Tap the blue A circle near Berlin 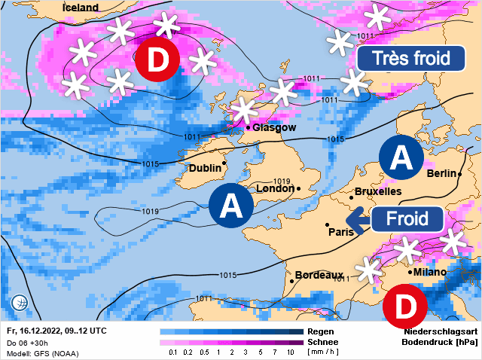click(x=401, y=157)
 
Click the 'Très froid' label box click(x=409, y=58)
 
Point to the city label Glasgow click(x=274, y=127)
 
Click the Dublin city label click(x=204, y=167)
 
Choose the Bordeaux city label click(x=319, y=275)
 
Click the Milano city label click(x=429, y=272)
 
